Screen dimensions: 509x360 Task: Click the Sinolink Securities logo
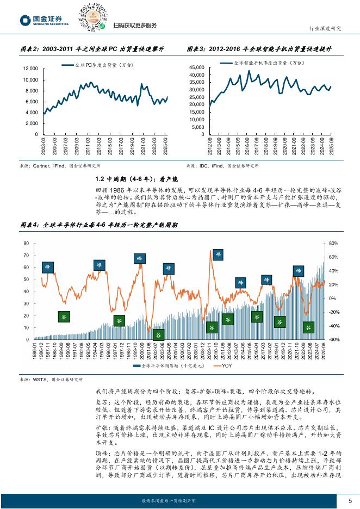click(44, 21)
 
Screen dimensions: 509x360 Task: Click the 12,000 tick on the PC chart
click(30, 69)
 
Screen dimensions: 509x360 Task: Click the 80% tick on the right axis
click(334, 243)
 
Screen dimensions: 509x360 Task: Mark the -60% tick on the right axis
click(334, 339)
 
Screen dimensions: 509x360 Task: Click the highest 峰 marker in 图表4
click(218, 254)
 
